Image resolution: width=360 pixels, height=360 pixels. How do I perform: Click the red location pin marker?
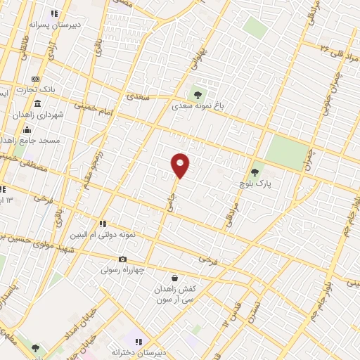pos(180,165)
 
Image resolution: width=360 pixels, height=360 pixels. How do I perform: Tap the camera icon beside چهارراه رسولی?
pos(122,259)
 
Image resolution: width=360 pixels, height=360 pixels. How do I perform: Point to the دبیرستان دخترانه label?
pos(136,351)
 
